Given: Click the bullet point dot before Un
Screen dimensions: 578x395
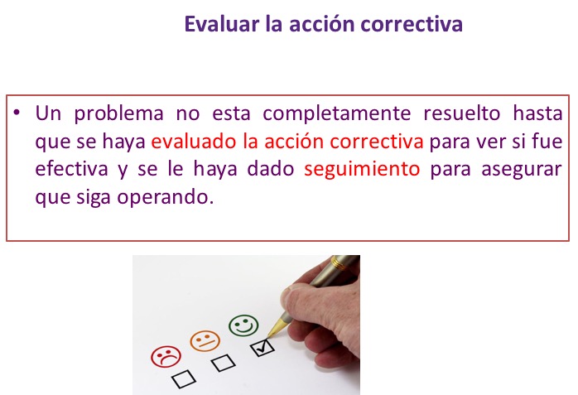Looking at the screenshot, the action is coord(17,112).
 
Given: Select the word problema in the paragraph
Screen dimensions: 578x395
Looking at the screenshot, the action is coord(118,113).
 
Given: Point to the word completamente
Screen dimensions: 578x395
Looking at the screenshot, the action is coord(336,113).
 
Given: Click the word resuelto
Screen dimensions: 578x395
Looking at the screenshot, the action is coord(461,113).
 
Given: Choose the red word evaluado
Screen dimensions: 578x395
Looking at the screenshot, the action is coord(194,142).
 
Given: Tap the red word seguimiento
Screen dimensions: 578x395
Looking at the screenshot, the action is coord(362,170).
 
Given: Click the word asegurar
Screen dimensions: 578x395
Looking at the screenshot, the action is coord(522,170).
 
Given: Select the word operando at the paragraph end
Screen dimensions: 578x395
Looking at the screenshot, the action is coord(166,198).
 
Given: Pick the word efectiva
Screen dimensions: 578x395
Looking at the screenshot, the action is coord(71,169).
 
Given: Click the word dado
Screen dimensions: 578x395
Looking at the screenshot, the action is coord(271,169).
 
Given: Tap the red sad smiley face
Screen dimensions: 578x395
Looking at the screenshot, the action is coord(166,357).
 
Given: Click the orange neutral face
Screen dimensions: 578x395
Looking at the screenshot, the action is coord(205,341).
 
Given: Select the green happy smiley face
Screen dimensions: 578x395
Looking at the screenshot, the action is coord(243,325).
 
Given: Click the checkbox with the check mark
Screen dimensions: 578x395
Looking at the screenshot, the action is coord(263,348).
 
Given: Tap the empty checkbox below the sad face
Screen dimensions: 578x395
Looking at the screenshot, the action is coord(184,379).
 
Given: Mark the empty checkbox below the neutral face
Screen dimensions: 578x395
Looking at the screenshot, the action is coord(224,364).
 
